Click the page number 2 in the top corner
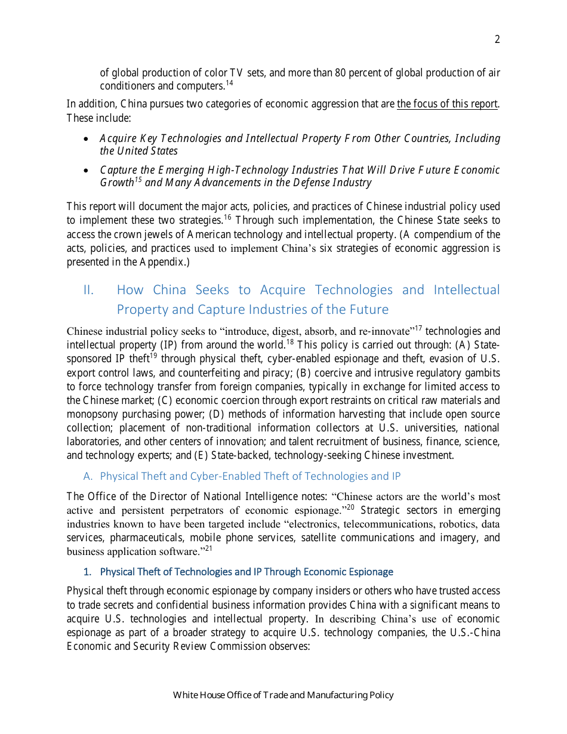pos(497,40)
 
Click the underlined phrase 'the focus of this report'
pos(447,104)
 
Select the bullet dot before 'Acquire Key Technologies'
pos(87,139)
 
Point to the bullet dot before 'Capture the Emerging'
pos(87,171)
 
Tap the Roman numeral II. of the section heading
pos(89,290)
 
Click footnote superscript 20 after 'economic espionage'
pos(351,507)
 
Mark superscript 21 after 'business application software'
pos(208,548)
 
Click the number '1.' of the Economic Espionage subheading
pos(87,572)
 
